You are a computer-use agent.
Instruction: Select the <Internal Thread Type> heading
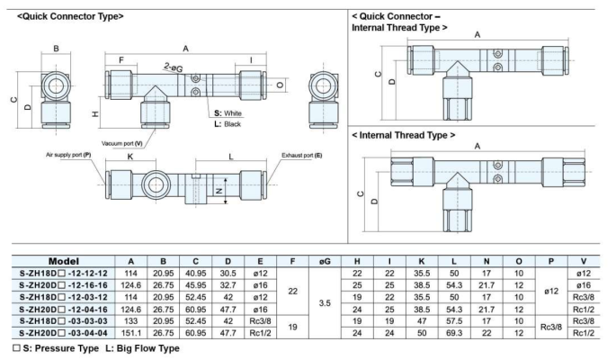403,135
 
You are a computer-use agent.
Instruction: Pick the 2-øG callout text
175,68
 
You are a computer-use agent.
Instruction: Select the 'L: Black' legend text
230,123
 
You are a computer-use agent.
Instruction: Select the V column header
585,261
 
